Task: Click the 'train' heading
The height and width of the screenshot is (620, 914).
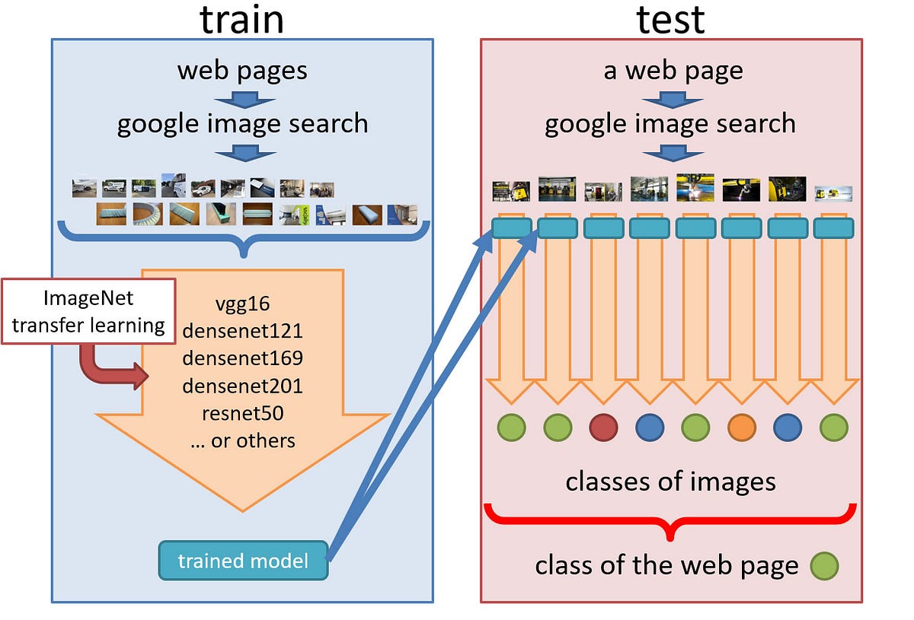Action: pyautogui.click(x=242, y=20)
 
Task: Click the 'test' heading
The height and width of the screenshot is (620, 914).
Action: pyautogui.click(x=670, y=20)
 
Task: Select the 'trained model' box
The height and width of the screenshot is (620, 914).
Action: pyautogui.click(x=243, y=561)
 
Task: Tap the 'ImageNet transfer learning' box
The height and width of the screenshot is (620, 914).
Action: pyautogui.click(x=88, y=311)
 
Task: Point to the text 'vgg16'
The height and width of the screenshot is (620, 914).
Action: pyautogui.click(x=242, y=304)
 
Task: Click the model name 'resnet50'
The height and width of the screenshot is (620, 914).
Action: pyautogui.click(x=242, y=413)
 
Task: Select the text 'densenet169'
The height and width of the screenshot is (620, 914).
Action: pyautogui.click(x=242, y=358)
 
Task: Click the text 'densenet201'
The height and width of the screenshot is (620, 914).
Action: pyautogui.click(x=242, y=386)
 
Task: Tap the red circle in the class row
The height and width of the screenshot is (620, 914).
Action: pyautogui.click(x=603, y=428)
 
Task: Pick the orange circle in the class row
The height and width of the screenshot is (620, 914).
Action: pyautogui.click(x=741, y=428)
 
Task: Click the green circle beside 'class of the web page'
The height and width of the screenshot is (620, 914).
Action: pyautogui.click(x=824, y=565)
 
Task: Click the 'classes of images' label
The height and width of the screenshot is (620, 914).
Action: pyautogui.click(x=670, y=481)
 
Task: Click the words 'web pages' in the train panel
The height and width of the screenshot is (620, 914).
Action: pyautogui.click(x=242, y=71)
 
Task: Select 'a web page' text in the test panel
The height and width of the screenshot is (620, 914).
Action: pyautogui.click(x=672, y=71)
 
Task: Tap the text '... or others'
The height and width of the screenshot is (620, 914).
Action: pyautogui.click(x=242, y=440)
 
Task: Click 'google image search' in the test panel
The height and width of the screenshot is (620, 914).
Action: pyautogui.click(x=670, y=123)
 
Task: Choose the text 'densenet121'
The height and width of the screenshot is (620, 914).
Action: pyautogui.click(x=242, y=331)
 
